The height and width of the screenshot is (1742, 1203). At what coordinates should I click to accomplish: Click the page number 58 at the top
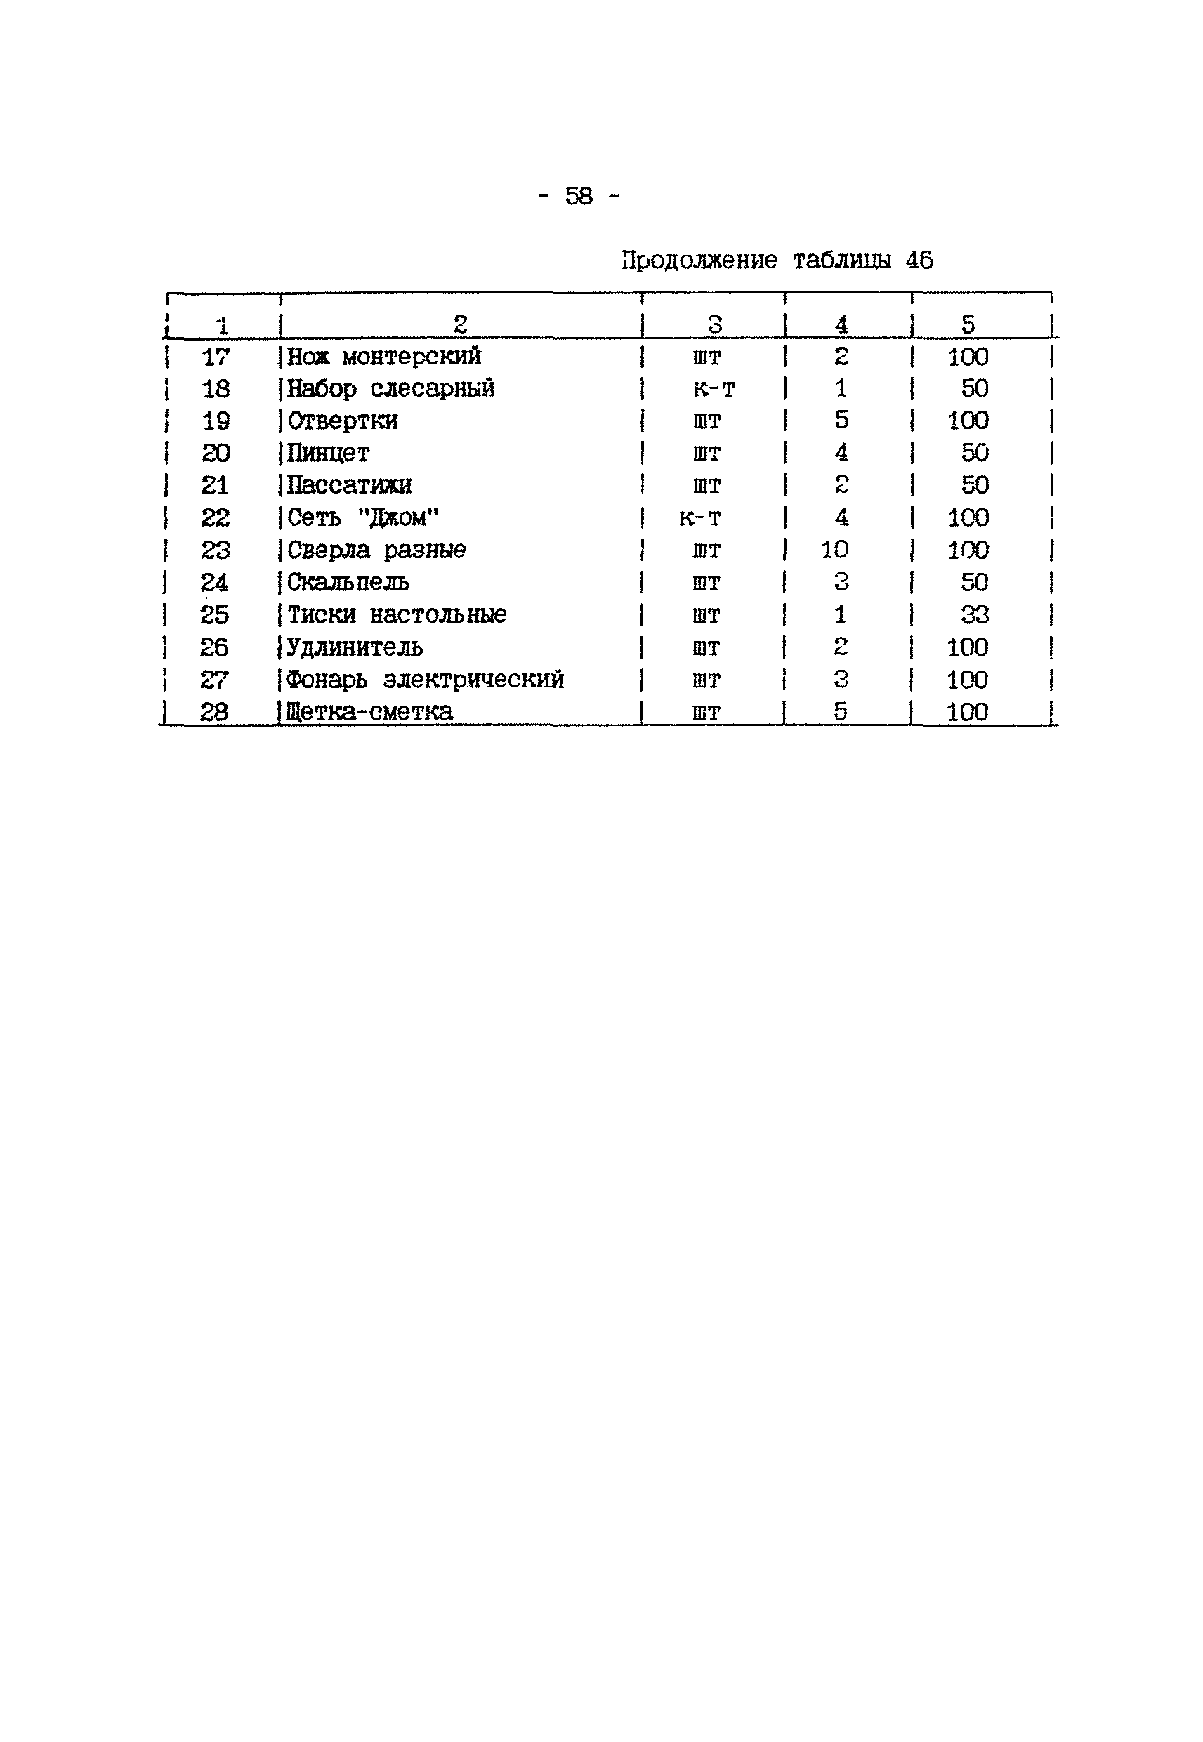pyautogui.click(x=579, y=197)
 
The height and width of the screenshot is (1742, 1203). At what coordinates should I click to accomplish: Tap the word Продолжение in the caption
pyautogui.click(x=699, y=260)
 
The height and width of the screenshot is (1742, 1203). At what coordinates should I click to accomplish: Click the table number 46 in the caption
pyautogui.click(x=919, y=260)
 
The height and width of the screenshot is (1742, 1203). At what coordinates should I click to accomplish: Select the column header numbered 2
pyautogui.click(x=460, y=325)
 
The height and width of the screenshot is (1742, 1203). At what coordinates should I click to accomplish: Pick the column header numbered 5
pyautogui.click(x=968, y=325)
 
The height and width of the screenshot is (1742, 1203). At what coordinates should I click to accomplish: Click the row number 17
pyautogui.click(x=216, y=357)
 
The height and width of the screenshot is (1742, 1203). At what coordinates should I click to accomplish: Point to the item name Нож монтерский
pyautogui.click(x=383, y=357)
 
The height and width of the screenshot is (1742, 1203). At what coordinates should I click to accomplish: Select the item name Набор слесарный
pyautogui.click(x=390, y=389)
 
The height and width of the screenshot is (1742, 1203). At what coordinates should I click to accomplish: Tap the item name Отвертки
pyautogui.click(x=342, y=421)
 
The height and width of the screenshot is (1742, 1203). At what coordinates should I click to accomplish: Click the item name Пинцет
pyautogui.click(x=329, y=454)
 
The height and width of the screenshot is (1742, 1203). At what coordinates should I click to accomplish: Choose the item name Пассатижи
pyautogui.click(x=349, y=485)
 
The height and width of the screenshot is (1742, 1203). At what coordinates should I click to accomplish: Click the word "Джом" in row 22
pyautogui.click(x=398, y=517)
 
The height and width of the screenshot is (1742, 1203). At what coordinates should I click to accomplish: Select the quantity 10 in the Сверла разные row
pyautogui.click(x=834, y=550)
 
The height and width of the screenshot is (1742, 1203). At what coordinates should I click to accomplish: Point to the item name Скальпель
pyautogui.click(x=348, y=583)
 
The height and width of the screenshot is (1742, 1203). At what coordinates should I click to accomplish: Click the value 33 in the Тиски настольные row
pyautogui.click(x=975, y=615)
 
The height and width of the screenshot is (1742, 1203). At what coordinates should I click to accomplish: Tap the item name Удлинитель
pyautogui.click(x=354, y=647)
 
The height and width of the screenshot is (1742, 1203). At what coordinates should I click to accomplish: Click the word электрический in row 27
pyautogui.click(x=473, y=680)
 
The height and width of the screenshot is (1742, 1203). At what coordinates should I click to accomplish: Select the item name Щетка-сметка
pyautogui.click(x=369, y=712)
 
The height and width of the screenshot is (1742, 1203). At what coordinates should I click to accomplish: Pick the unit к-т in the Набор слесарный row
pyautogui.click(x=714, y=390)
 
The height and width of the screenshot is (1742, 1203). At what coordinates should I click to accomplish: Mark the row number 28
pyautogui.click(x=214, y=712)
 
